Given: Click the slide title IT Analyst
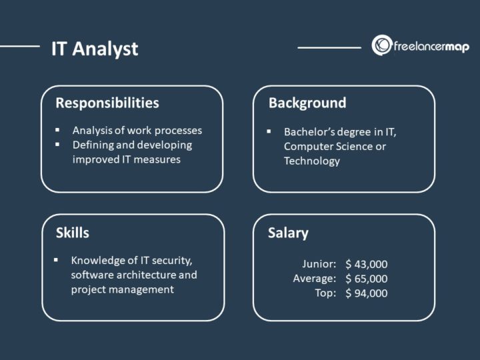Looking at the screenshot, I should (x=95, y=49).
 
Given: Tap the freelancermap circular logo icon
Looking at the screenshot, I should (x=382, y=46).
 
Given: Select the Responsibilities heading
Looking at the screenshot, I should (x=107, y=103).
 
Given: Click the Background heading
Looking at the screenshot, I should (x=307, y=103).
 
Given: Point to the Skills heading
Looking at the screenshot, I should (x=73, y=233).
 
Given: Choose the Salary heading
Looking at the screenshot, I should (x=288, y=233).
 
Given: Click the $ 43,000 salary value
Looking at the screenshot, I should (x=366, y=264).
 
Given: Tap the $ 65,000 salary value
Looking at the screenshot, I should (x=366, y=279).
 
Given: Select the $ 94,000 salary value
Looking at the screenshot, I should (x=366, y=293).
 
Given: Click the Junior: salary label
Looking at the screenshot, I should (x=320, y=264).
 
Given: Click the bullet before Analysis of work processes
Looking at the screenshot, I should (x=58, y=130).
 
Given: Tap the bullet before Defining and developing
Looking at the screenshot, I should (x=58, y=145).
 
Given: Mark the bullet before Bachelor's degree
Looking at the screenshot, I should (x=269, y=131).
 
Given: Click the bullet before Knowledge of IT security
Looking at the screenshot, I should (x=57, y=260).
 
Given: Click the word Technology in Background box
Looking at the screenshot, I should (x=312, y=161).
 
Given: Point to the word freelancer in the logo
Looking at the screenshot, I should (x=416, y=47).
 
